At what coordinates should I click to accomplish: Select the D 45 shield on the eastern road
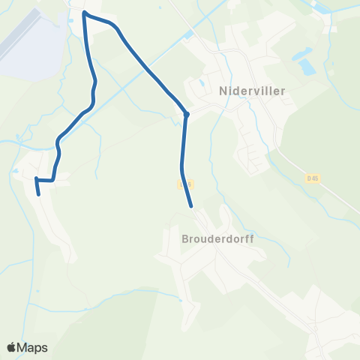pyautogui.click(x=313, y=178)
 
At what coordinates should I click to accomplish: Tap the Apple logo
pyautogui.click(x=12, y=347)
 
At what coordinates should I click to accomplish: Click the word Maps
pyautogui.click(x=32, y=347)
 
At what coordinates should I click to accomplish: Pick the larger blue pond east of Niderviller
pyautogui.click(x=306, y=66)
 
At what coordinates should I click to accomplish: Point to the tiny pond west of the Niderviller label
pyautogui.click(x=202, y=83)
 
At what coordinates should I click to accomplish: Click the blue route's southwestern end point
pyautogui.click(x=39, y=194)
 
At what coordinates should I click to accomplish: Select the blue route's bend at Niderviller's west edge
pyautogui.click(x=186, y=114)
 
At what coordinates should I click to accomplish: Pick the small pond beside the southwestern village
pyautogui.click(x=16, y=171)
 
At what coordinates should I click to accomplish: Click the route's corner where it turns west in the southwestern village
pyautogui.click(x=53, y=180)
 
